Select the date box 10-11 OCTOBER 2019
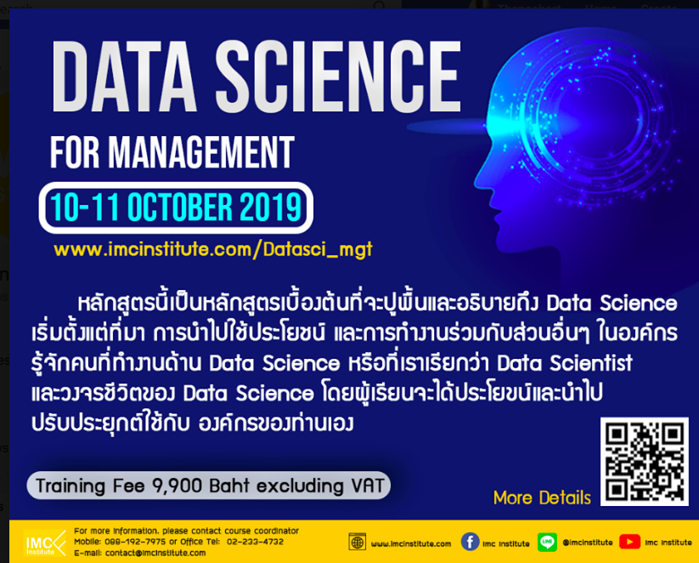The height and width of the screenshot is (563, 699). pyautogui.click(x=176, y=207)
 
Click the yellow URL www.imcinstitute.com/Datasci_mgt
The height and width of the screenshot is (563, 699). pyautogui.click(x=212, y=250)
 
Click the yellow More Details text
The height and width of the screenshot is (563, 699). pyautogui.click(x=542, y=498)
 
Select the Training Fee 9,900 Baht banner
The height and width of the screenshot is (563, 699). pyautogui.click(x=208, y=486)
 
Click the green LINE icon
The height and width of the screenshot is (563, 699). pyautogui.click(x=547, y=542)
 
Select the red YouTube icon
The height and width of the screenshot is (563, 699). pyautogui.click(x=629, y=542)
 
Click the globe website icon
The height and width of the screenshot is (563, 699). pyautogui.click(x=358, y=542)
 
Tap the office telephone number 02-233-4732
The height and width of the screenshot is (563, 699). pyautogui.click(x=255, y=542)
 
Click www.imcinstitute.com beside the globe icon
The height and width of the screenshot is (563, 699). pyautogui.click(x=411, y=543)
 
